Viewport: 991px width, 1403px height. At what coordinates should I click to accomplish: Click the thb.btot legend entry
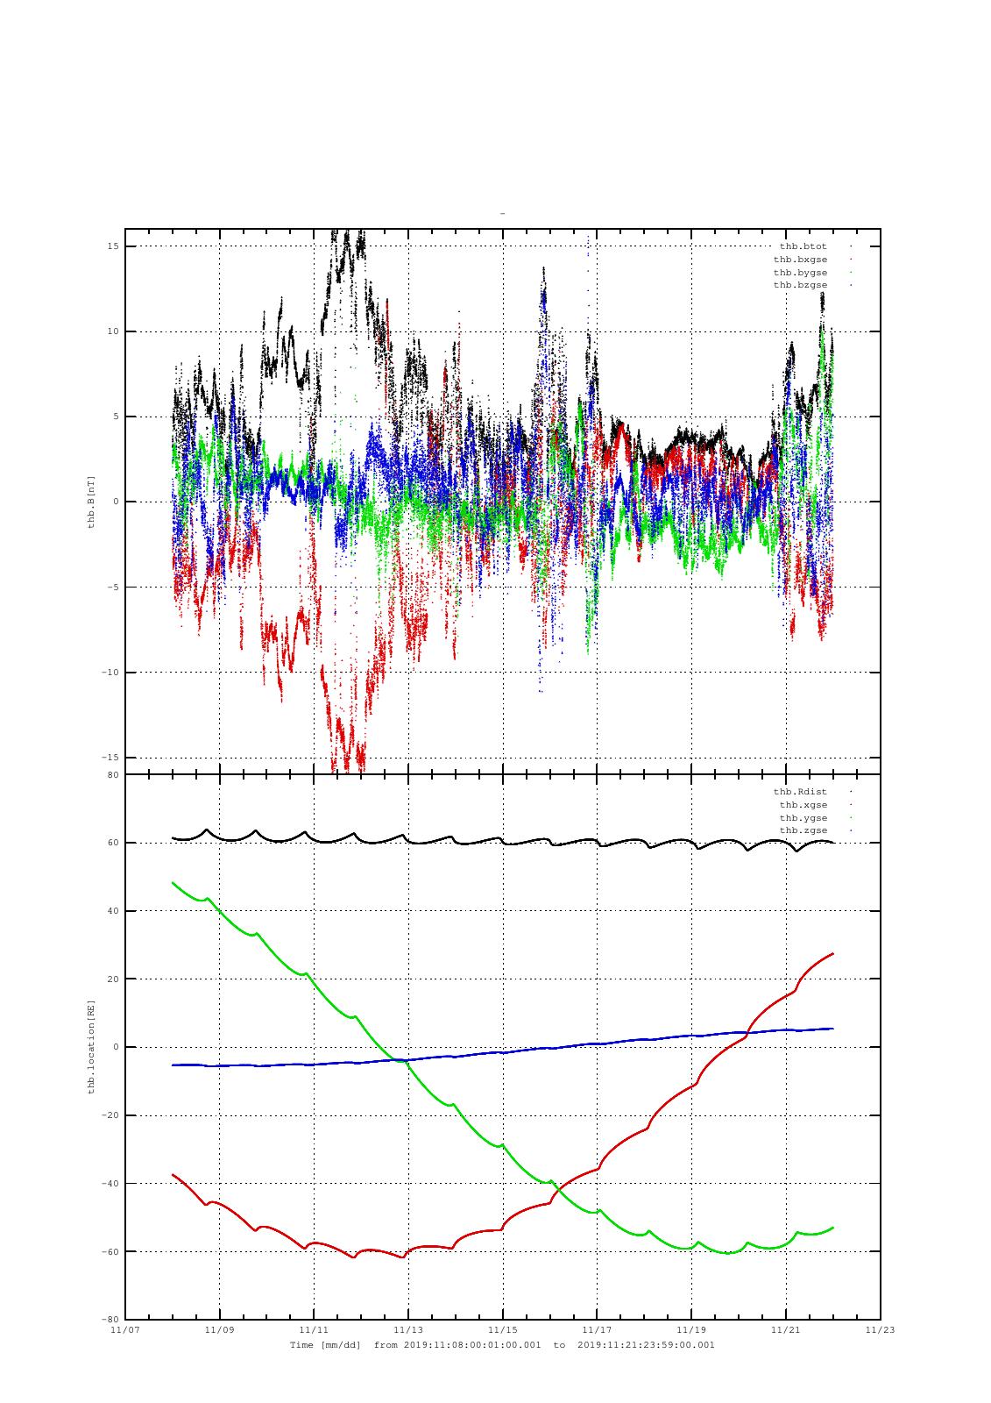pos(803,246)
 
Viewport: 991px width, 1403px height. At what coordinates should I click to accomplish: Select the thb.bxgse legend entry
pos(800,260)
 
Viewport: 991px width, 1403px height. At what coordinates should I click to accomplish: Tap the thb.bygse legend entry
pos(800,273)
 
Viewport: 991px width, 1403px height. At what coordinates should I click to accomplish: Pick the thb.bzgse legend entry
pos(800,285)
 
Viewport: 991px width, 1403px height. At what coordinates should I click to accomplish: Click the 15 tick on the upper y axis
pos(112,246)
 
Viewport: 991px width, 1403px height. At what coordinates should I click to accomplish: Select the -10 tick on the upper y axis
pos(110,673)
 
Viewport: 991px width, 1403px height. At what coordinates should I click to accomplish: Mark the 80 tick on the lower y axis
pos(112,775)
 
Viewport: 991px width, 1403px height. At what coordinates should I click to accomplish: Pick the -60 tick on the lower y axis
pos(110,1251)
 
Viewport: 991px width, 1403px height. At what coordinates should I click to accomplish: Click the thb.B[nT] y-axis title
pos(91,502)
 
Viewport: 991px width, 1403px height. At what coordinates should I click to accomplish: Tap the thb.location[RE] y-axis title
pos(91,1047)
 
